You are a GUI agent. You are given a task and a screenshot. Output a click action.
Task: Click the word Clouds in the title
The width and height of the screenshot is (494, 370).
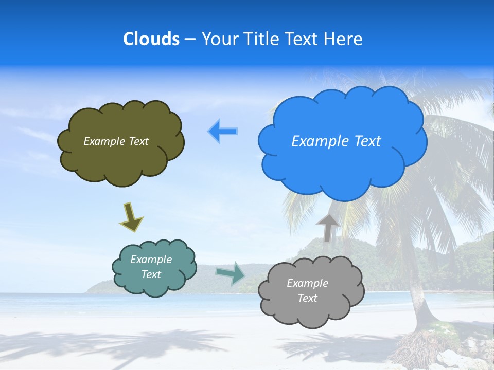(151, 39)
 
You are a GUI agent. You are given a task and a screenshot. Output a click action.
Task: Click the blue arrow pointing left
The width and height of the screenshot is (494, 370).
(222, 132)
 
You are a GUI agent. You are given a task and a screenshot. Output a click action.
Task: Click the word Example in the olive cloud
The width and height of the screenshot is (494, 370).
(103, 141)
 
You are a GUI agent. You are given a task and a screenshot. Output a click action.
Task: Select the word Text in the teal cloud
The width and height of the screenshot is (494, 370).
(151, 274)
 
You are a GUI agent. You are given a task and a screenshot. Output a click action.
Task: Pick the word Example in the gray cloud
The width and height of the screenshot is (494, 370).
(307, 283)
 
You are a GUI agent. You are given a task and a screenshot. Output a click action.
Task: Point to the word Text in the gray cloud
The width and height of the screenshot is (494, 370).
(307, 298)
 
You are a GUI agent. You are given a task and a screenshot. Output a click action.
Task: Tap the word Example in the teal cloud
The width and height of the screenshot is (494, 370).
(151, 260)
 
